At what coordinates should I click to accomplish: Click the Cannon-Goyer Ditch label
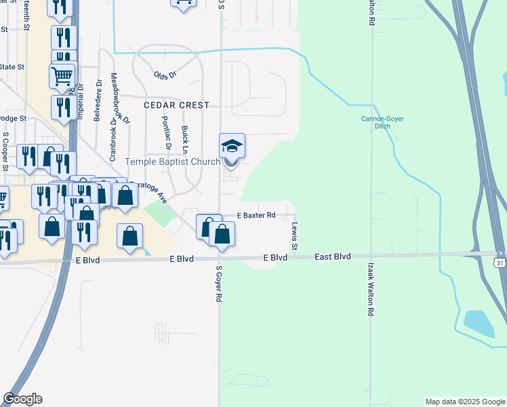(x=382, y=122)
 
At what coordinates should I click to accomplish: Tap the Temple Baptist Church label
(x=172, y=161)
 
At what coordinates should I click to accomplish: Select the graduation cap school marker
(x=232, y=145)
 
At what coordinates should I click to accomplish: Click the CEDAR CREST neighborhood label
(x=176, y=105)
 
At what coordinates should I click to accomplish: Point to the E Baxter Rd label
(x=256, y=215)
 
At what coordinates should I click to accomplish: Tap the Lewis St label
(x=295, y=235)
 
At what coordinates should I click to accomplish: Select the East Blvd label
(x=333, y=256)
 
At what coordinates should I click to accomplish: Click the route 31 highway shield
(x=500, y=263)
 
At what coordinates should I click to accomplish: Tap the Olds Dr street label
(x=164, y=75)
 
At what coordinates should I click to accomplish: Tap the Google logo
(x=22, y=399)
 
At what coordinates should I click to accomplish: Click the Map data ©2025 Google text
(x=464, y=402)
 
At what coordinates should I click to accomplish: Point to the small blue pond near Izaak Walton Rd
(x=480, y=323)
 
